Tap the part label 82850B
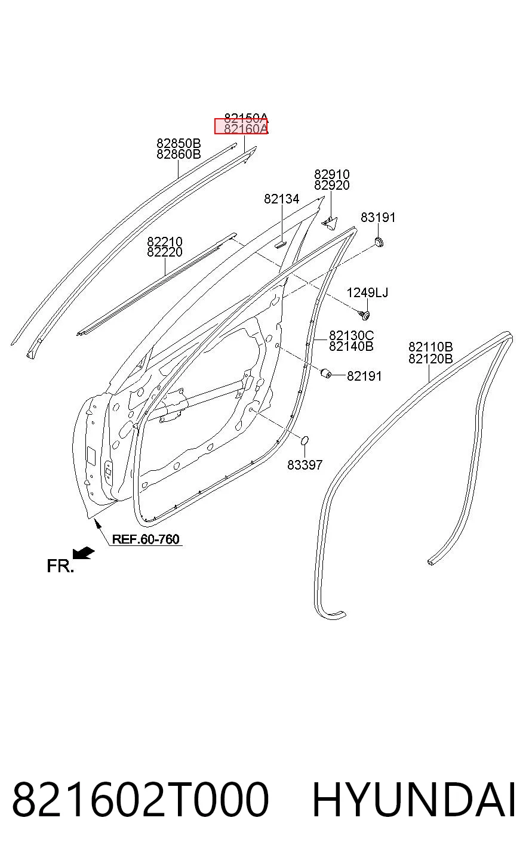click(179, 143)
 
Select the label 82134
click(282, 199)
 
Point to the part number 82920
click(331, 186)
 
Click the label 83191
click(378, 218)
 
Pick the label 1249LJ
click(367, 292)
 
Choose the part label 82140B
click(351, 346)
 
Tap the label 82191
click(364, 376)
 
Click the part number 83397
click(305, 465)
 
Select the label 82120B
click(430, 359)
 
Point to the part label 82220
click(165, 252)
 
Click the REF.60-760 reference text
click(146, 539)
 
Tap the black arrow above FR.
click(84, 553)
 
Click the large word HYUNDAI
click(414, 800)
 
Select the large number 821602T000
click(140, 800)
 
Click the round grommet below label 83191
click(379, 242)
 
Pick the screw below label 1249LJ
click(364, 315)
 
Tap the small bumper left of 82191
click(326, 374)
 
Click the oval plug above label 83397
click(305, 440)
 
